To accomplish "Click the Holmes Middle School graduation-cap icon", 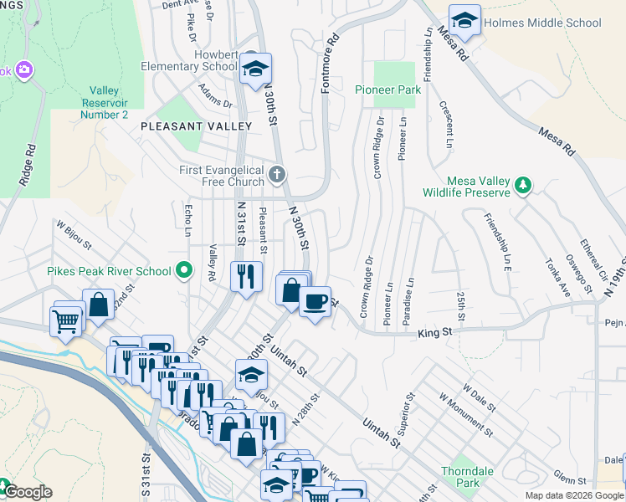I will pyautogui.click(x=464, y=19).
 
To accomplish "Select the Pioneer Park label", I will pyautogui.click(x=387, y=89).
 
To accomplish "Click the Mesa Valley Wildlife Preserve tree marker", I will pyautogui.click(x=523, y=185).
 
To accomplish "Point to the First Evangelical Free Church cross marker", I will pyautogui.click(x=278, y=174).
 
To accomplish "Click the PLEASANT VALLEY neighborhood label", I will pyautogui.click(x=196, y=126).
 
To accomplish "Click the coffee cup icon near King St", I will pyautogui.click(x=315, y=300).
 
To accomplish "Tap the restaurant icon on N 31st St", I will pyautogui.click(x=246, y=275).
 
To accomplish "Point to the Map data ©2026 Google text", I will pyautogui.click(x=574, y=495).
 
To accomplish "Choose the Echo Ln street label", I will pyautogui.click(x=188, y=220).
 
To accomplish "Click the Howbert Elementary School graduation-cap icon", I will pyautogui.click(x=256, y=69).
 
